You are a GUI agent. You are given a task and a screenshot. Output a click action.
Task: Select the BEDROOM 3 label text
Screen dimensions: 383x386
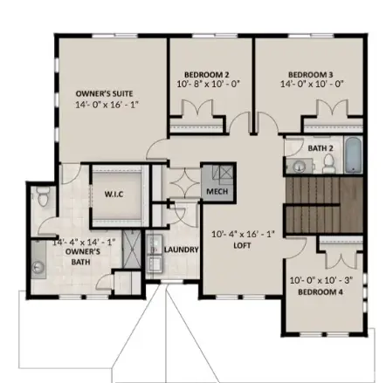312,75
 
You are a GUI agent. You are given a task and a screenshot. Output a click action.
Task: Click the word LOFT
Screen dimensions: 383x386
242,245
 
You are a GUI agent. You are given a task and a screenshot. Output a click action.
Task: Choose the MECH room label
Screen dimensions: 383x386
216,189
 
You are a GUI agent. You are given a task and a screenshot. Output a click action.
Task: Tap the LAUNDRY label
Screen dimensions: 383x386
182,248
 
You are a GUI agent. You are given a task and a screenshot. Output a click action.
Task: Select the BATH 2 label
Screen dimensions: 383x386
321,149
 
